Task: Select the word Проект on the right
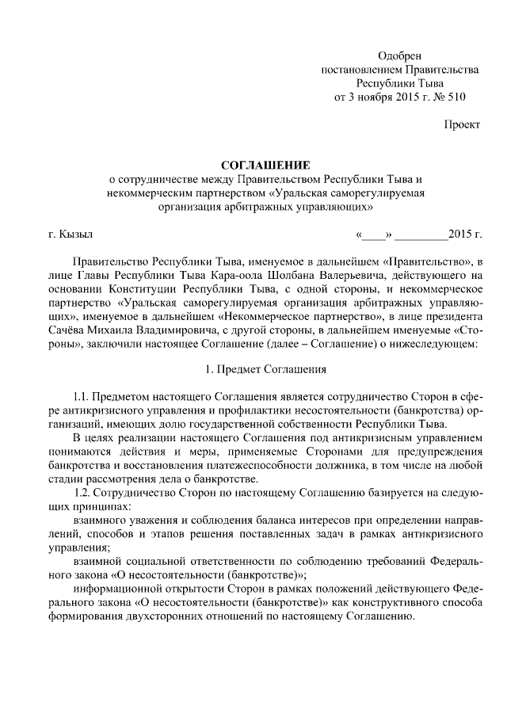(x=461, y=125)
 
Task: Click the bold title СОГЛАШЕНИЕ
(x=253, y=165)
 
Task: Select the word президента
(x=454, y=316)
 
